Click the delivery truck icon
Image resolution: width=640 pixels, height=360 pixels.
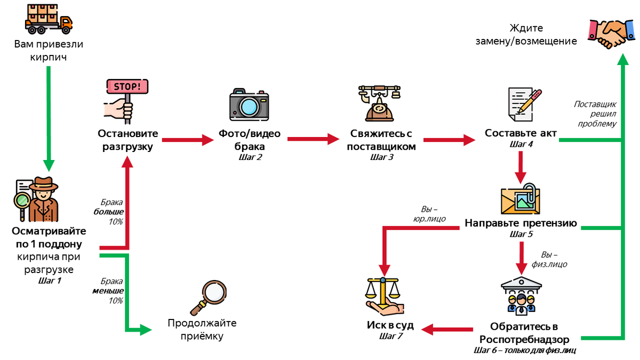point(49,19)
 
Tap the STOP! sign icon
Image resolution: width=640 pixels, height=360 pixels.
point(126,101)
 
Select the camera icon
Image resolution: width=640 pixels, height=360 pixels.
point(249,105)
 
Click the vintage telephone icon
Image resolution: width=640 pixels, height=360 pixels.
point(379,103)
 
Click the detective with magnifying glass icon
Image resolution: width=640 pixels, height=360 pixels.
point(36,199)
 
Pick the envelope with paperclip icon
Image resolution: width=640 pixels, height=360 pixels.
point(521,199)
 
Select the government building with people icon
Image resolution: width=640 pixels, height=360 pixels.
point(521,296)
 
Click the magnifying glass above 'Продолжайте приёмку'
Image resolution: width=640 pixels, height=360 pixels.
point(209,298)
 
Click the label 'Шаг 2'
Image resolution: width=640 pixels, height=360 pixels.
point(250,157)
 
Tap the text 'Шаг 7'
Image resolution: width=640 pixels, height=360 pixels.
point(390,336)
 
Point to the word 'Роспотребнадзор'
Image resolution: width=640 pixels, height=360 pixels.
point(524,339)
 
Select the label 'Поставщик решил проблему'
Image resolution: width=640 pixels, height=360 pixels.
point(596,114)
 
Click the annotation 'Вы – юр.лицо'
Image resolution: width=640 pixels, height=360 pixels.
point(429,214)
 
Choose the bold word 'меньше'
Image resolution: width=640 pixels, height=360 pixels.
point(108,291)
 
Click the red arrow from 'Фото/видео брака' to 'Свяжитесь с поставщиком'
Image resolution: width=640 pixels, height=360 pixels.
point(314,139)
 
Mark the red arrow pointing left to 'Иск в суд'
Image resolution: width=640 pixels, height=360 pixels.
point(447,330)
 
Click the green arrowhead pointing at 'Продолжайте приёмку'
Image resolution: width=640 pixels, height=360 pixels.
point(146,330)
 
